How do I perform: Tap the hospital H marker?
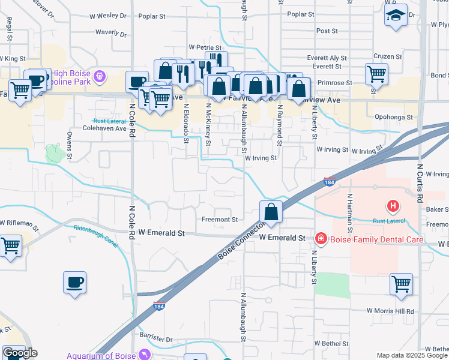(x=393, y=206)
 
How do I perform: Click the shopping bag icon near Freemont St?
(x=271, y=212)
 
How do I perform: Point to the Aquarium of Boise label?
(x=101, y=355)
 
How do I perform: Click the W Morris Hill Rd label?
(x=391, y=311)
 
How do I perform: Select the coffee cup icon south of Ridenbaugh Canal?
(x=74, y=283)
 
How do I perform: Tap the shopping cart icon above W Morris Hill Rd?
(x=401, y=284)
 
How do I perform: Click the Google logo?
(x=19, y=353)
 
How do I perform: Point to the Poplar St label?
(x=301, y=14)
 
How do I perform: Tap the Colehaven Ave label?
(x=104, y=128)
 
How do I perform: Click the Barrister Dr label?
(x=157, y=340)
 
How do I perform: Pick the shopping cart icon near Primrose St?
(x=376, y=74)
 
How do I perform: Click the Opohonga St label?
(x=394, y=118)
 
